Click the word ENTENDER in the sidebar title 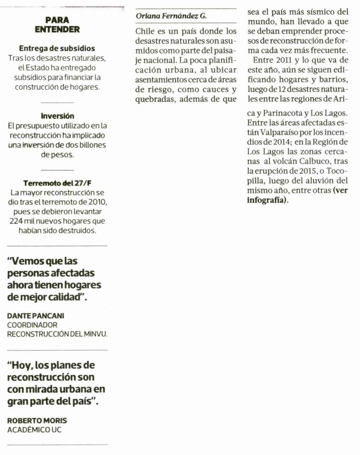click(57, 30)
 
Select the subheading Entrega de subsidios click(57, 48)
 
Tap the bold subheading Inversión click(57, 116)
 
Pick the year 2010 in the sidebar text click(97, 202)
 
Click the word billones click(94, 145)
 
